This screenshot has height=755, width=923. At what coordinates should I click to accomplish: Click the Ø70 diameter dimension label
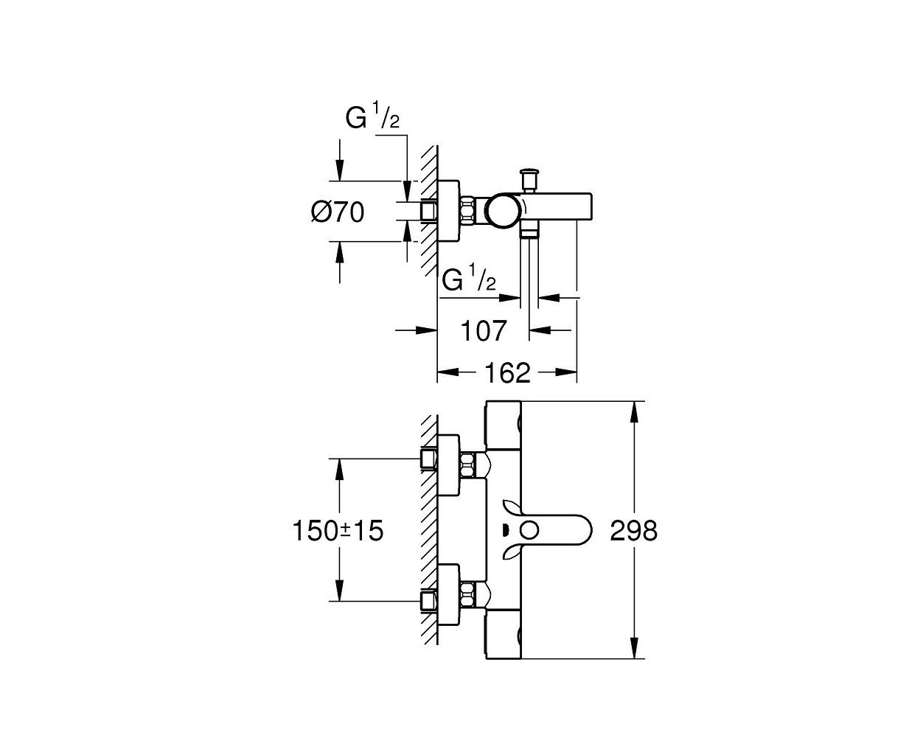(338, 212)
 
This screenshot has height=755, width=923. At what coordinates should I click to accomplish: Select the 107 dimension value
(483, 331)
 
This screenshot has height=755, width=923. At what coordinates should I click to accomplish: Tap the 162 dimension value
(507, 373)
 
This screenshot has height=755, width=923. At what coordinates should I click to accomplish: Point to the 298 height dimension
(634, 531)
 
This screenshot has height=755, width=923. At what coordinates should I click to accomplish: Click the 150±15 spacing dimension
(338, 531)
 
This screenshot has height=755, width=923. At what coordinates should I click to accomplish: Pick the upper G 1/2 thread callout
(372, 116)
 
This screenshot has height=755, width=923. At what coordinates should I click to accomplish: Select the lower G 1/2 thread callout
(469, 278)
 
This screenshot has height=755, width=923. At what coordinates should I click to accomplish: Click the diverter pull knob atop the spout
(529, 179)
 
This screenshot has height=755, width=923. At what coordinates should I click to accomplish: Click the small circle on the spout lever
(530, 531)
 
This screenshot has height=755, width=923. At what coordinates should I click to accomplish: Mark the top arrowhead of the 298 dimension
(634, 412)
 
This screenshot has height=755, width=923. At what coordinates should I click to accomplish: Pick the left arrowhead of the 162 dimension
(448, 372)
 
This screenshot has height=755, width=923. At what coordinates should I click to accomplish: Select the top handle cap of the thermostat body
(504, 425)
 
